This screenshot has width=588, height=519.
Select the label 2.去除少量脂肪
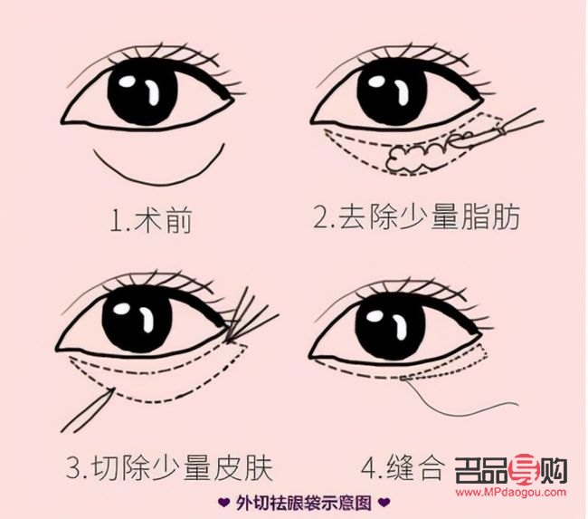(x=416, y=219)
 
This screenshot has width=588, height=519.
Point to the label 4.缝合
(x=403, y=469)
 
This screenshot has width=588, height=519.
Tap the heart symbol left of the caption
(x=223, y=502)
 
